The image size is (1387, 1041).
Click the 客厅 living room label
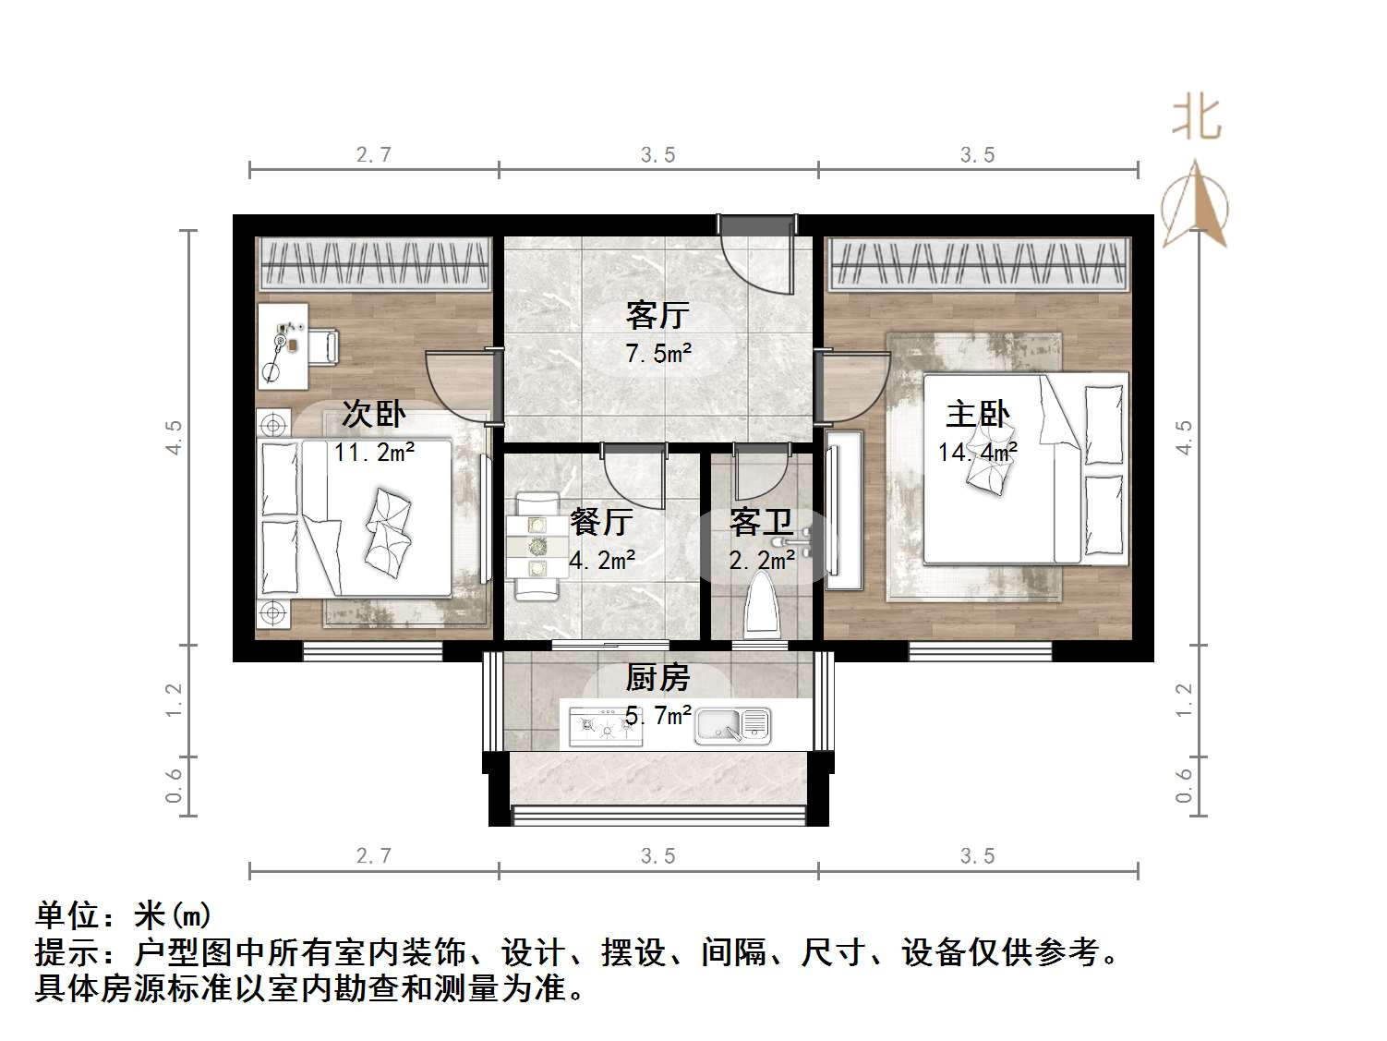[657, 315]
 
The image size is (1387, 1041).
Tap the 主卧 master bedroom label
[977, 414]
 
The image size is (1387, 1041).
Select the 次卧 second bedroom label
[373, 414]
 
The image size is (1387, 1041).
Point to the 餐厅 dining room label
[601, 522]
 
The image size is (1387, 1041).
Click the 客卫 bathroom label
[761, 523]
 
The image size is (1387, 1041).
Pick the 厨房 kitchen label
[657, 678]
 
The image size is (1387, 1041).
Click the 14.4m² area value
[977, 452]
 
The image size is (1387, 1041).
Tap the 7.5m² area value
[657, 353]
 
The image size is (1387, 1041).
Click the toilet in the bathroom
[763, 605]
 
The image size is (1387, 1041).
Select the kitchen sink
[733, 725]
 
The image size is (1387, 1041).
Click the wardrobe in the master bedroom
[978, 263]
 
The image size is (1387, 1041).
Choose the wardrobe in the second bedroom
[374, 263]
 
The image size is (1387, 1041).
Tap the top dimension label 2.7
[374, 155]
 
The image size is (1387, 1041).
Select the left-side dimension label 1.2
[175, 699]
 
